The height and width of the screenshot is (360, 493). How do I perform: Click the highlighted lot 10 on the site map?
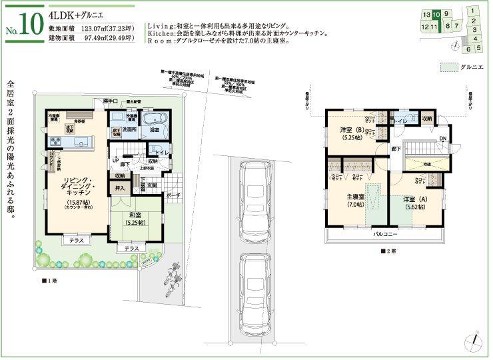tap(436, 13)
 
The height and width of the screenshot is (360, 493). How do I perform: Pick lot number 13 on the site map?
tap(426, 13)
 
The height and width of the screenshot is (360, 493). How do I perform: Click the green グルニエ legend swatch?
tap(450, 67)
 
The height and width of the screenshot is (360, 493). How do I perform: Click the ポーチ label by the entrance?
tap(174, 196)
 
